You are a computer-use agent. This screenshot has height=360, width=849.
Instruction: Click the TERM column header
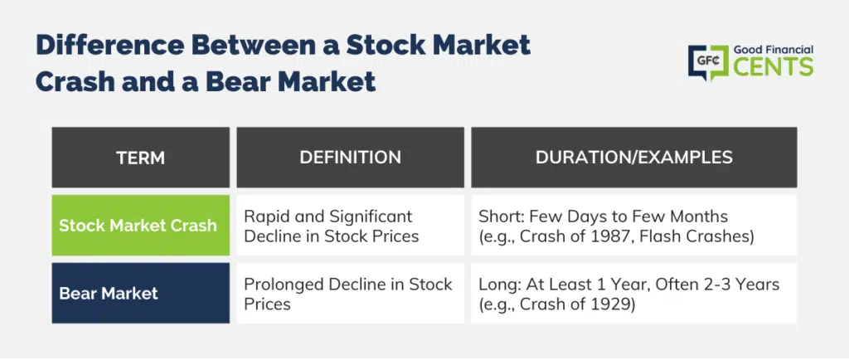click(x=140, y=158)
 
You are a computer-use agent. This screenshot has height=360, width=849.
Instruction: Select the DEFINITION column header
click(x=351, y=158)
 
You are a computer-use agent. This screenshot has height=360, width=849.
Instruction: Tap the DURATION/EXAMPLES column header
click(x=634, y=158)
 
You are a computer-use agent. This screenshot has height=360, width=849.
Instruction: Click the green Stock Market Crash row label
click(x=140, y=225)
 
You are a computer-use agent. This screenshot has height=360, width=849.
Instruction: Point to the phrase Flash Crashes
click(x=694, y=236)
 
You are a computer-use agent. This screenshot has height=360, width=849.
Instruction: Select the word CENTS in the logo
click(x=774, y=67)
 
